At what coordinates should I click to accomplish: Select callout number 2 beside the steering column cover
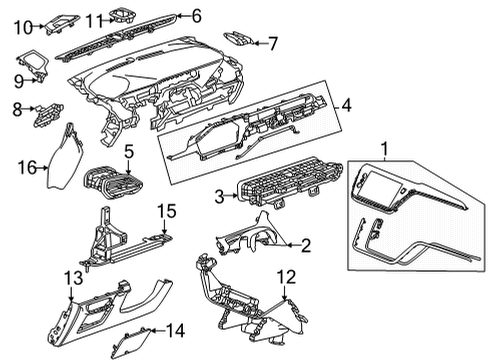(x=306, y=244)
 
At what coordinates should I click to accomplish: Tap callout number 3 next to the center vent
(x=220, y=198)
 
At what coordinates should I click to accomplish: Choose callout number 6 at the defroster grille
(x=196, y=15)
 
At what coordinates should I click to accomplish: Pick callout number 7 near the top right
(x=273, y=43)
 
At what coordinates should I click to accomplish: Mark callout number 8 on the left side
(x=17, y=109)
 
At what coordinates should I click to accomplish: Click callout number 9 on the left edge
(x=18, y=79)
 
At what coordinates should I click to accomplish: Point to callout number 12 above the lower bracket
(x=286, y=275)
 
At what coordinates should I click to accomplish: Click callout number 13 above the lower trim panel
(x=70, y=275)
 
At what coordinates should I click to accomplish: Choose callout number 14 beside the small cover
(x=175, y=329)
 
